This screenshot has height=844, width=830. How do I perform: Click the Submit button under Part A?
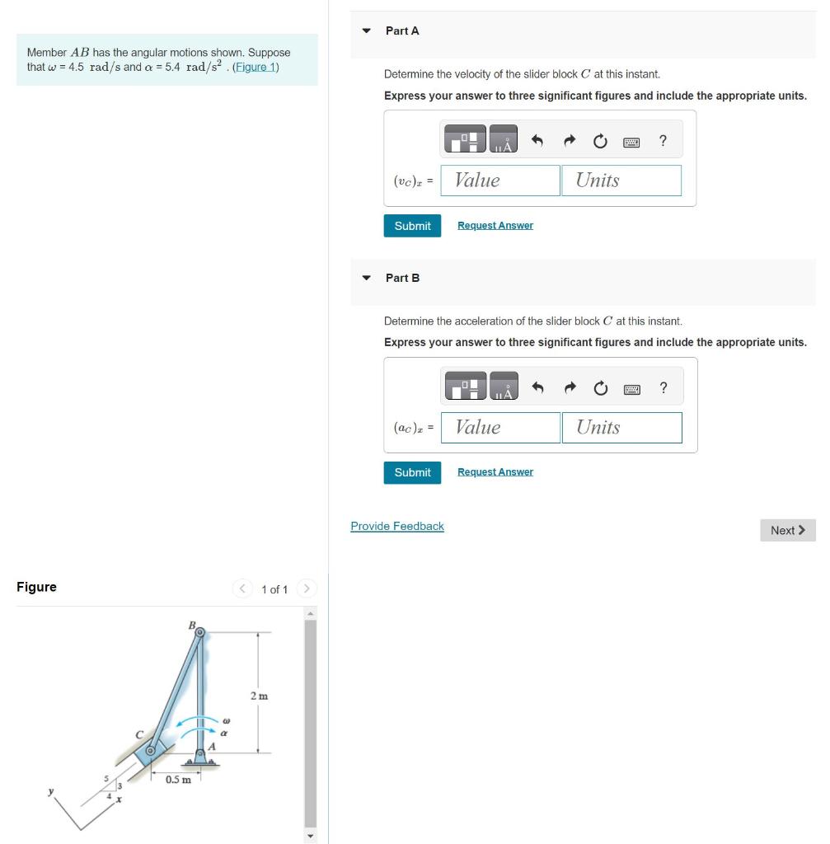pos(412,226)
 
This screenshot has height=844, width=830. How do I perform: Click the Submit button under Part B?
pos(412,472)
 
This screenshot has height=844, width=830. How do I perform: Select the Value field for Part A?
pos(500,181)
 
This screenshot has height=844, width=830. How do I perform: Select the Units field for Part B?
pos(621,427)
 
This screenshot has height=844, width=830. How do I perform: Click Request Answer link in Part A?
pos(495,226)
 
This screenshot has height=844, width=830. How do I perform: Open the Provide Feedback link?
pos(396,526)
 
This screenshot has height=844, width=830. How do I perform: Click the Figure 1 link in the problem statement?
pos(256,67)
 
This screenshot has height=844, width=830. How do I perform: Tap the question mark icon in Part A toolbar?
pos(663,141)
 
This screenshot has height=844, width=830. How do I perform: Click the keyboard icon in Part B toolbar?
pos(631,388)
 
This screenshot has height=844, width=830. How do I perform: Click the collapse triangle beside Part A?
pos(367,31)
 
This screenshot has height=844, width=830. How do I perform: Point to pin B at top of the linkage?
pos(200,632)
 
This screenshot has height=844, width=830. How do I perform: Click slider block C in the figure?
pos(151,751)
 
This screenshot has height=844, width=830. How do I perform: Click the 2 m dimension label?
pos(258,696)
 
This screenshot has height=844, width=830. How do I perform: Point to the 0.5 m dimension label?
pos(177,779)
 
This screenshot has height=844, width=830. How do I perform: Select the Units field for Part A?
pos(621,181)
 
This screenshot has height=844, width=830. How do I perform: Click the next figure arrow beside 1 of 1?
pos(306,588)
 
